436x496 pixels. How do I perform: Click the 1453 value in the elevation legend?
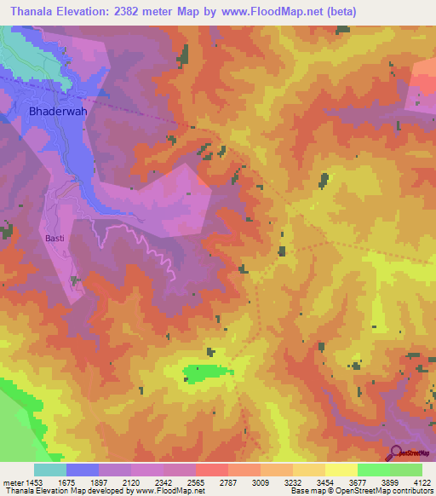tap(19, 482)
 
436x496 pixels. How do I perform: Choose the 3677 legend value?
tap(341, 482)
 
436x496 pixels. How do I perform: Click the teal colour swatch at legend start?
tap(50, 470)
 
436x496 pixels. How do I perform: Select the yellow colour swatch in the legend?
tap(341, 470)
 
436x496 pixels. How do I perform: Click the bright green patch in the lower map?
tap(207, 372)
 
